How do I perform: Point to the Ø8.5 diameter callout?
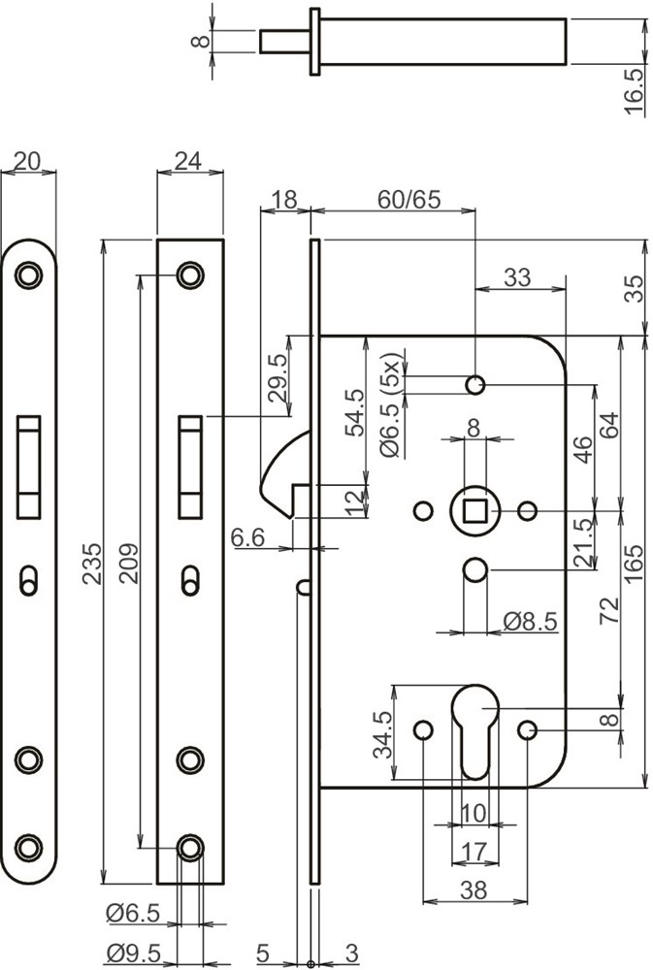click(x=530, y=621)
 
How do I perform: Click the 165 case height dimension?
click(x=634, y=564)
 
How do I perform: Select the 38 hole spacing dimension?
click(x=474, y=889)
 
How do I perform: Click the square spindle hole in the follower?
click(x=474, y=510)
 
